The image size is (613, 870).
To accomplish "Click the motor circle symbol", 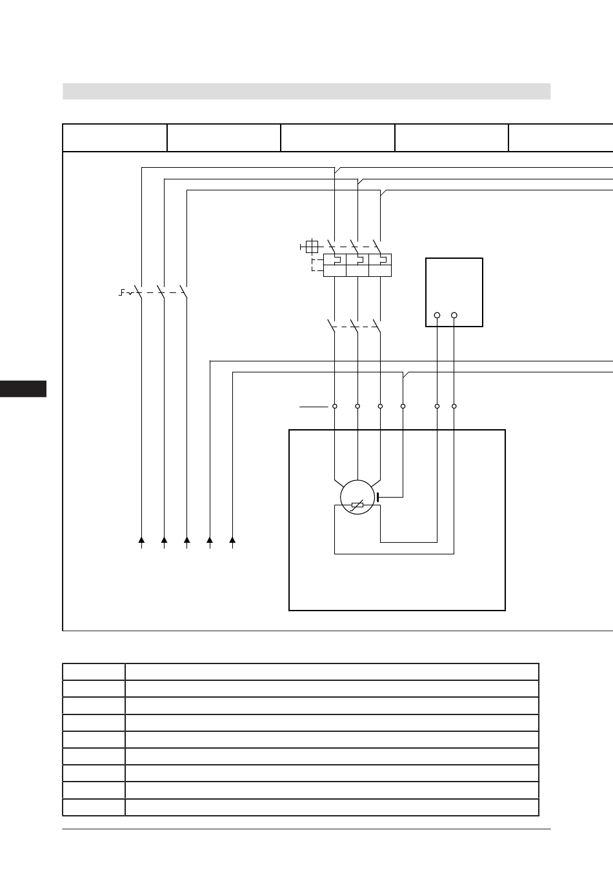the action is click(357, 498).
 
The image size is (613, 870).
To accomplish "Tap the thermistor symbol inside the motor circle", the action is click(357, 506).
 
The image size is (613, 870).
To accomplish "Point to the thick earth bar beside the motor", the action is click(377, 497).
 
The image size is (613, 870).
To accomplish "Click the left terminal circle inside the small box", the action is click(437, 315).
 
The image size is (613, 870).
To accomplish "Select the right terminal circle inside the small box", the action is click(454, 315).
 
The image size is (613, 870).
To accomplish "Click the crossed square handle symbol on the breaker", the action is click(312, 246).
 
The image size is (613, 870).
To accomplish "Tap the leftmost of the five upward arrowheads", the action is click(141, 539).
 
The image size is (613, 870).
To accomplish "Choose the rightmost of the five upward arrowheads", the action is click(232, 539).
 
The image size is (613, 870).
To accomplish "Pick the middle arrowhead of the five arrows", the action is click(187, 539).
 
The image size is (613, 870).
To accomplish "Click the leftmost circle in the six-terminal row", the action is click(334, 406).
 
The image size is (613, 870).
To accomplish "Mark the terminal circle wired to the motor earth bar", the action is click(403, 406).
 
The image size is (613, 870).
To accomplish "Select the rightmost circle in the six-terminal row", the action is click(454, 406).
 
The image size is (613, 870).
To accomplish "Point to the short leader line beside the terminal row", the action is click(314, 407).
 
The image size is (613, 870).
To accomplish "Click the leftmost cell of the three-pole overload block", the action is click(335, 265).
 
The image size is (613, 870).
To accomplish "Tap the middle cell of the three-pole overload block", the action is click(357, 265).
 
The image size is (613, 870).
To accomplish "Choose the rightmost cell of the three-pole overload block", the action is click(380, 265).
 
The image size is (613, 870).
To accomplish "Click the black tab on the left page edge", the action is click(23, 389).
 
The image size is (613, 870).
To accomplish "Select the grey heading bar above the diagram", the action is click(306, 91).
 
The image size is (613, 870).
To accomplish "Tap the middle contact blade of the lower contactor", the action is click(354, 325).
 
